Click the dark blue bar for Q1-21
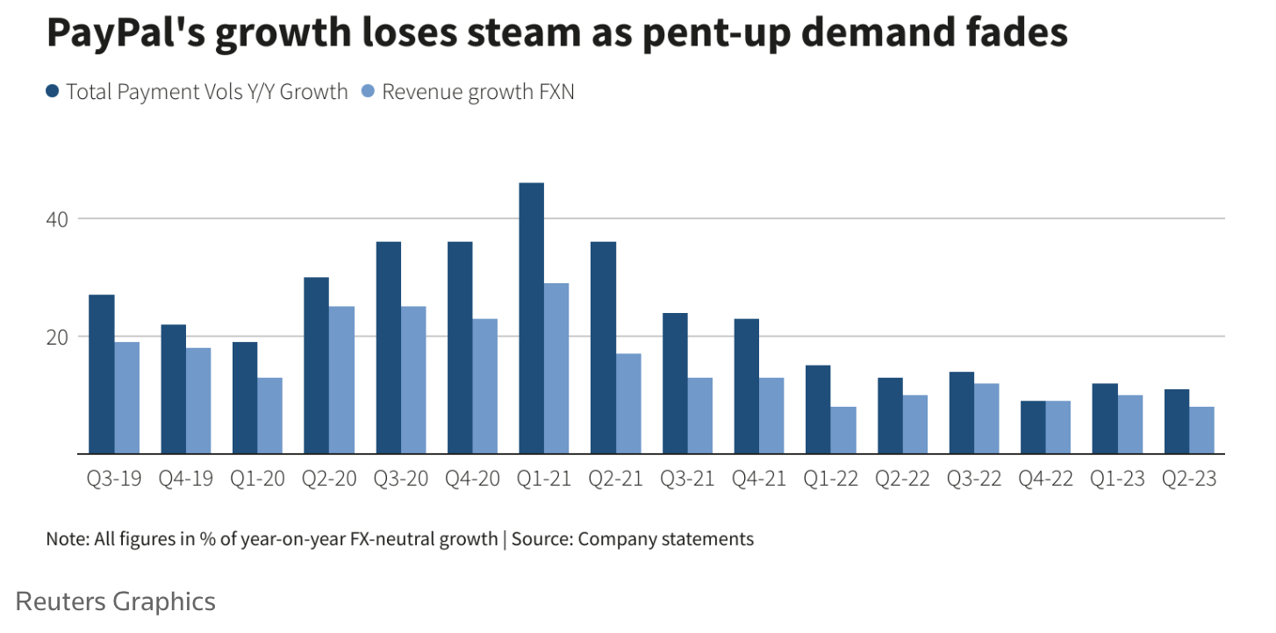pos(531,318)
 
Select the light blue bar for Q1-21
pos(556,368)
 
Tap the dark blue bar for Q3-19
pos(102,374)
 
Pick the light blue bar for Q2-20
pos(341,380)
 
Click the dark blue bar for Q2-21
pos(603,347)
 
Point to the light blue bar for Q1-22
pos(843,430)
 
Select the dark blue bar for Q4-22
pos(1033,427)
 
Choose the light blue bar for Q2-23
pos(1201,430)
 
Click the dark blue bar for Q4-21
pos(746,386)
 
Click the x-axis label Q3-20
pos(400,480)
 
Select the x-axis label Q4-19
pos(185,480)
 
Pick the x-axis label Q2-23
pos(1188,480)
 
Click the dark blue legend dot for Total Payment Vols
pos(52,91)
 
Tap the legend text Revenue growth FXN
pos(477,91)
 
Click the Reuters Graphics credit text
pos(116,601)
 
